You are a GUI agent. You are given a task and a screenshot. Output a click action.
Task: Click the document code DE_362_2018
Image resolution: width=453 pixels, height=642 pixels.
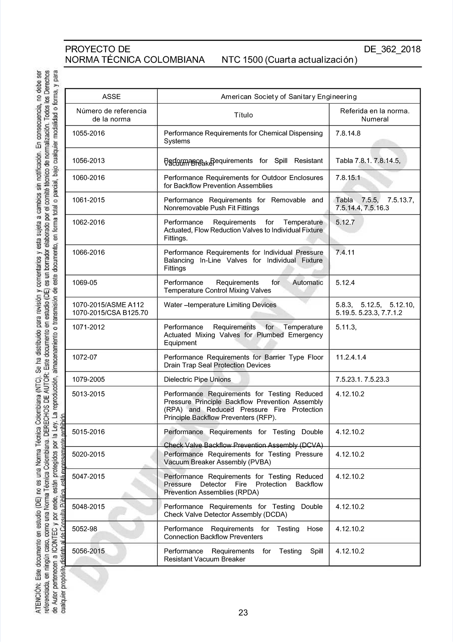click(392, 50)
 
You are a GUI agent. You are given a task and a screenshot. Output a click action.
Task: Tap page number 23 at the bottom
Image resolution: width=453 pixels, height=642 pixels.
click(243, 613)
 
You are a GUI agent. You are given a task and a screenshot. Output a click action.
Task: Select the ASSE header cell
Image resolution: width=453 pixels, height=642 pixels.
click(111, 97)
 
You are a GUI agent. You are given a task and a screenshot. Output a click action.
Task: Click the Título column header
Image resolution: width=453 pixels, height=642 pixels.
click(243, 115)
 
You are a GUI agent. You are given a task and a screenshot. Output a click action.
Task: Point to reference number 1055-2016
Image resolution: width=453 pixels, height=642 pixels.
click(88, 133)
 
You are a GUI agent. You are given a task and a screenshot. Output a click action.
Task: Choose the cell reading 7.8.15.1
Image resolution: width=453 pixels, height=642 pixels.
click(348, 178)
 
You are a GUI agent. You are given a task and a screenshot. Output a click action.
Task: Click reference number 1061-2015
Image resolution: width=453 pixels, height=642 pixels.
click(88, 200)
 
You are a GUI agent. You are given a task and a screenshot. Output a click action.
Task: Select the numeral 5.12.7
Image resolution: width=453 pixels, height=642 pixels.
click(345, 222)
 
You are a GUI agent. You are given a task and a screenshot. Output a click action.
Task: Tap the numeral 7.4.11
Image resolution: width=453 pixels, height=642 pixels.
click(345, 253)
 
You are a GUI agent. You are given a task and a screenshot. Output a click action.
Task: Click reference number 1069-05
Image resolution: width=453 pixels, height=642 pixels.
click(85, 283)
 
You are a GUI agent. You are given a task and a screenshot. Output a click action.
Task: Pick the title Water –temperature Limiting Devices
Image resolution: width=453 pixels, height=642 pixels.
click(220, 305)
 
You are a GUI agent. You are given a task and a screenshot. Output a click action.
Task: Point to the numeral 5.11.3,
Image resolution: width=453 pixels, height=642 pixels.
click(346, 327)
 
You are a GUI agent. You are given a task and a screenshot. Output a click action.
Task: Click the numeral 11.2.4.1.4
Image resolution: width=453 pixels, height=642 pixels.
click(351, 357)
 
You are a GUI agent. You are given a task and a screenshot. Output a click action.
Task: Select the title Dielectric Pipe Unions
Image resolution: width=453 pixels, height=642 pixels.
click(197, 380)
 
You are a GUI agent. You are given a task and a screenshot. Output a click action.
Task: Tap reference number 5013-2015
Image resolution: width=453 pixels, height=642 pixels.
click(88, 394)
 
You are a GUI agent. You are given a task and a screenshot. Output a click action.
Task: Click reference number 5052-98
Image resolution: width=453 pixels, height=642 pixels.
click(85, 529)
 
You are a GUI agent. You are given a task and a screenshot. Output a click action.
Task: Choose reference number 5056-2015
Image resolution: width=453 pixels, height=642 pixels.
click(88, 551)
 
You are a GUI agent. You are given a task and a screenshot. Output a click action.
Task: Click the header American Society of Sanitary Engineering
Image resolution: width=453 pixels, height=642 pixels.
click(288, 97)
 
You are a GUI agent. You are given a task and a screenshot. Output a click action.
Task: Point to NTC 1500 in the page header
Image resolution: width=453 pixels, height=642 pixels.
click(242, 60)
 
